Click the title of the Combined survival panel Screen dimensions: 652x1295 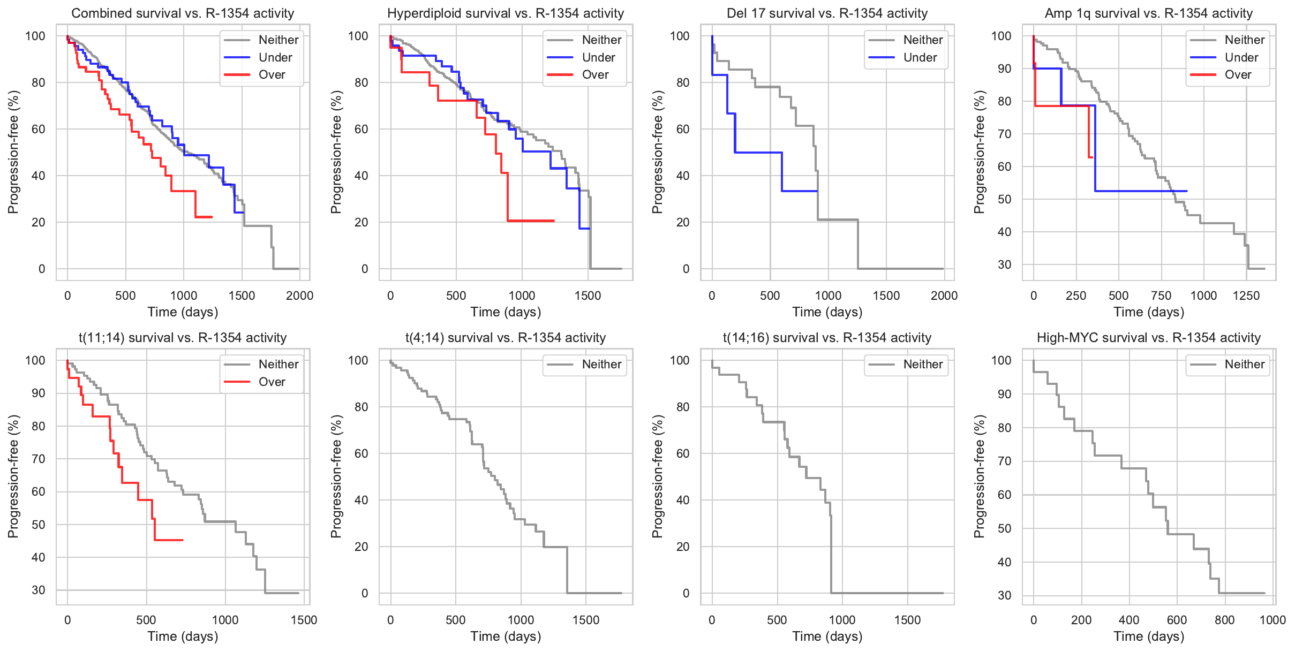[x=183, y=13]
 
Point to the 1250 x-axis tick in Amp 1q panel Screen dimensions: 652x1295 [x=1246, y=296]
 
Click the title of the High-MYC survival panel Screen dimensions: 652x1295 [x=1149, y=338]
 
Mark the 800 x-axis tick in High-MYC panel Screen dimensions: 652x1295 [x=1225, y=620]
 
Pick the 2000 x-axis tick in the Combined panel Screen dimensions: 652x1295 [x=299, y=296]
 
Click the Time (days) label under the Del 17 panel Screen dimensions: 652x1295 [x=827, y=312]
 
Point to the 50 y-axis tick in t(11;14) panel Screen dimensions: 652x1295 [x=39, y=525]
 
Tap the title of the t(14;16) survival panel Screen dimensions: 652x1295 [x=827, y=338]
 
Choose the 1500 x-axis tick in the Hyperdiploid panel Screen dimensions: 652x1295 [x=588, y=296]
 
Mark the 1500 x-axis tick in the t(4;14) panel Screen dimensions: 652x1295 [x=586, y=620]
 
